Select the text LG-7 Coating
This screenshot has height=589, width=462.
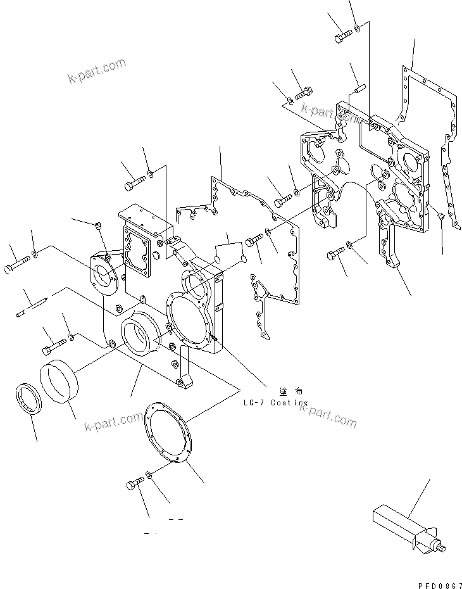(x=275, y=403)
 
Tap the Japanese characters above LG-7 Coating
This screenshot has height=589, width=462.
(x=285, y=392)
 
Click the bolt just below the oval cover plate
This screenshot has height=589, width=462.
(x=135, y=484)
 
